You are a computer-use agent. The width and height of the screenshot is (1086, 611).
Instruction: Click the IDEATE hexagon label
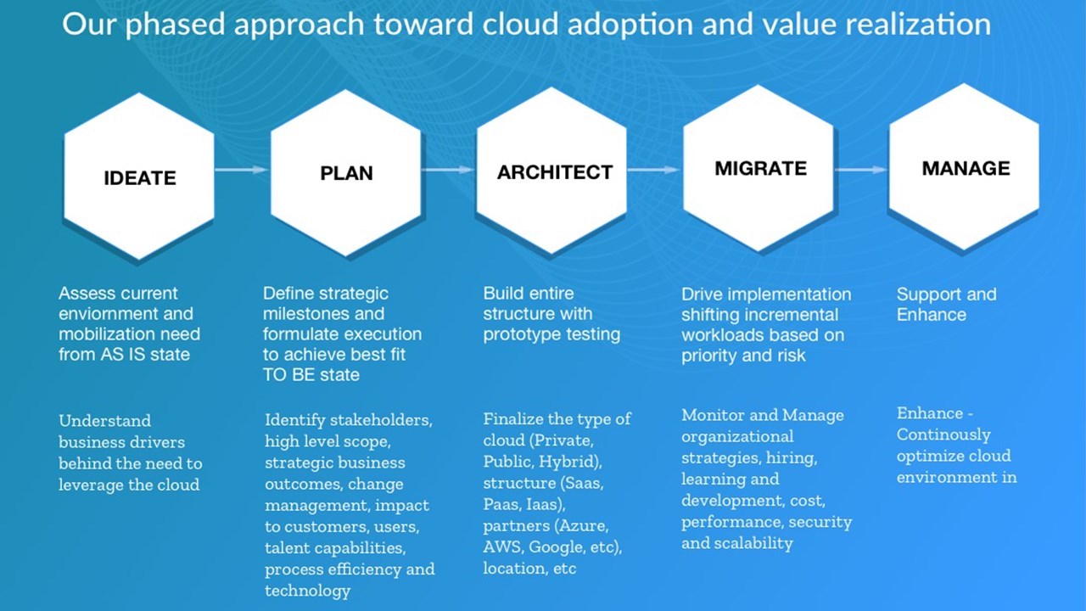click(140, 178)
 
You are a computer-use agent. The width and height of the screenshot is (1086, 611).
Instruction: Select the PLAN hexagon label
click(346, 173)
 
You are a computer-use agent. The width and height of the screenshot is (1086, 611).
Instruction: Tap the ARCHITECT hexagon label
click(555, 172)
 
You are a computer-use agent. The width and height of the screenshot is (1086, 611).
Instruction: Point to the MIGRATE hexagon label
click(761, 168)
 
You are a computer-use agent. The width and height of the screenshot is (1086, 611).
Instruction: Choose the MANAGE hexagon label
click(966, 168)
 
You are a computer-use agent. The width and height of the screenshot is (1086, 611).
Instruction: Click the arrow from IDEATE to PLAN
click(242, 170)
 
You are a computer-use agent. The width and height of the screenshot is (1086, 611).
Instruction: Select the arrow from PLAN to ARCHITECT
click(448, 170)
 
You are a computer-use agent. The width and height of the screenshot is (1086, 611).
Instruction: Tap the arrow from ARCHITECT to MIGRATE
click(654, 170)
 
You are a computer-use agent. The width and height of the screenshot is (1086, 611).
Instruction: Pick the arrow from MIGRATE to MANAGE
click(861, 170)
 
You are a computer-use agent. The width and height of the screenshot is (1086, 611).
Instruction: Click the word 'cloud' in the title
click(520, 25)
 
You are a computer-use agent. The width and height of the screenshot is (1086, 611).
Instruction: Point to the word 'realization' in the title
click(918, 25)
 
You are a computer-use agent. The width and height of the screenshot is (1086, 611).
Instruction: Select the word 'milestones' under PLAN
click(306, 314)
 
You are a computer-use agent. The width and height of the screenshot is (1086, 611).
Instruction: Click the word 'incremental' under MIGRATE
click(792, 315)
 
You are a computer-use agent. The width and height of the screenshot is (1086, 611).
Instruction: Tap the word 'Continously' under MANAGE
click(943, 435)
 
